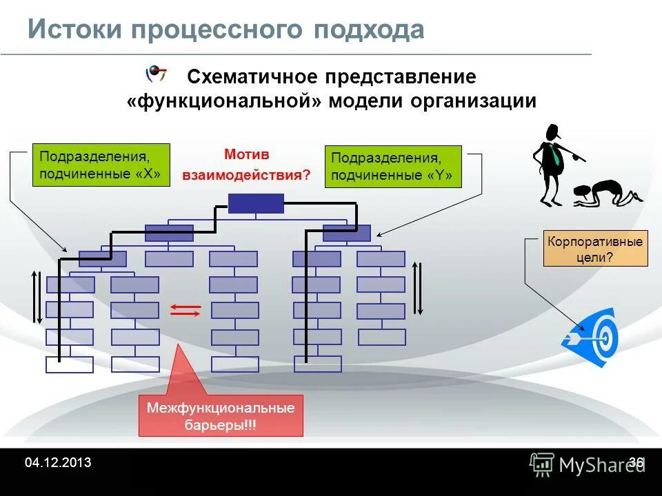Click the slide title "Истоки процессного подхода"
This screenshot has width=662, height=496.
click(x=225, y=30)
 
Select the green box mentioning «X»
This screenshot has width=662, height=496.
click(x=101, y=165)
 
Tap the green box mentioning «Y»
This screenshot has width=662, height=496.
click(x=392, y=166)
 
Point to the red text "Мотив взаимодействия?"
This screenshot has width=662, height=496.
click(x=246, y=165)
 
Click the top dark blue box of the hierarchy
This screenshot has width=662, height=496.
click(x=256, y=203)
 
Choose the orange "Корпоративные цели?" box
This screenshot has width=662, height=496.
click(x=595, y=249)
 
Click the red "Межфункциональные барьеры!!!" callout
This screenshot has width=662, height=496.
click(x=221, y=416)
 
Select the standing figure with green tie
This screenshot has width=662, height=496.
click(x=554, y=165)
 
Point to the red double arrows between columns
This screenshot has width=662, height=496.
click(x=185, y=310)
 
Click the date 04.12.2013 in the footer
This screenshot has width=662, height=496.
click(x=58, y=463)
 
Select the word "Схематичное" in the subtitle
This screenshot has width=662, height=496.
click(x=254, y=76)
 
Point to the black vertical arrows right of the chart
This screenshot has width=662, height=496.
click(x=417, y=288)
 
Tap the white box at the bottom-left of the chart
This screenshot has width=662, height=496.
click(x=69, y=364)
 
